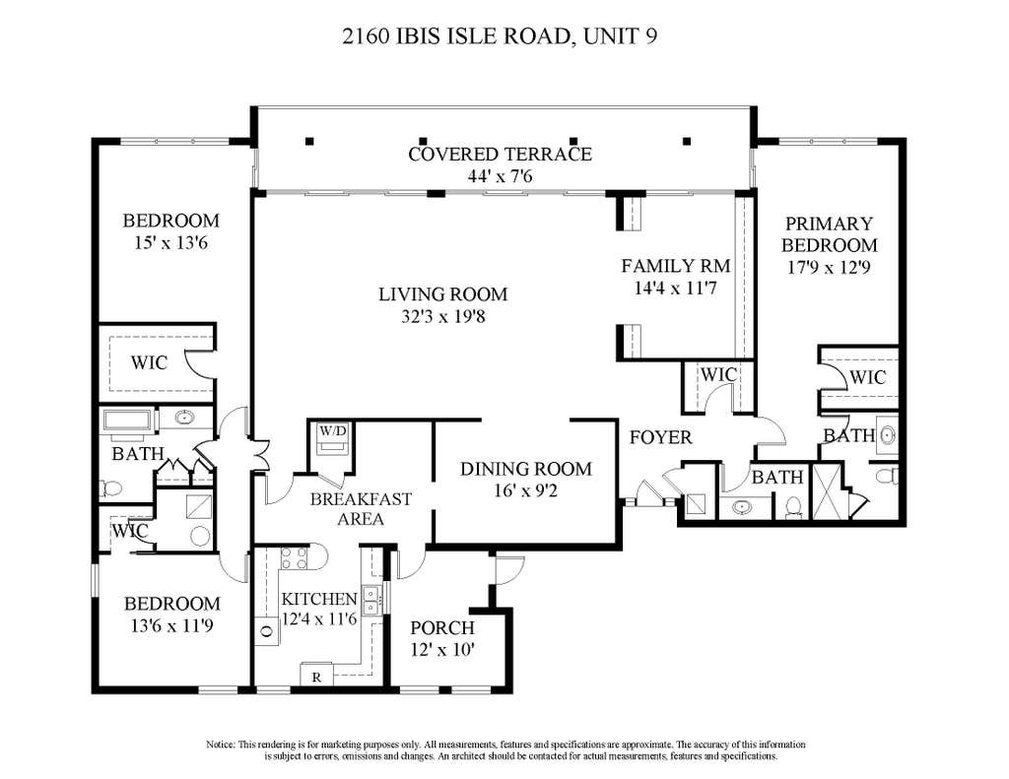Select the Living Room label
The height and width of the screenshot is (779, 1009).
click(x=442, y=294)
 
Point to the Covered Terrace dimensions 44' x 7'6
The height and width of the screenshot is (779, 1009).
click(x=500, y=175)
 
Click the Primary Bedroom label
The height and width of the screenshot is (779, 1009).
click(x=829, y=234)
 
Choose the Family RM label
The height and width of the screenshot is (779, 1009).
click(x=676, y=266)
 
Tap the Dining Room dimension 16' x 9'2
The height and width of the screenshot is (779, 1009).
click(x=525, y=490)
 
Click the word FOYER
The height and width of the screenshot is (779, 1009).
click(x=661, y=437)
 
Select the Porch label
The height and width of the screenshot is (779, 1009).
click(x=442, y=628)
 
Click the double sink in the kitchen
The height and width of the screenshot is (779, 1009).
click(x=370, y=600)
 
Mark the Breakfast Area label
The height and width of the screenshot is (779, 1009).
click(x=361, y=509)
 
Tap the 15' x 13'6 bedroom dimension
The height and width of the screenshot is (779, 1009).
click(x=170, y=243)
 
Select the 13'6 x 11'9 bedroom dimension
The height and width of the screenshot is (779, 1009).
click(x=171, y=625)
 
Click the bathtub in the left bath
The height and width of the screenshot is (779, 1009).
click(x=126, y=421)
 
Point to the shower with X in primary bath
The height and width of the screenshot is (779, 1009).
click(x=827, y=490)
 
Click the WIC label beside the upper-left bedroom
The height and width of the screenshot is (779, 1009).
click(x=150, y=362)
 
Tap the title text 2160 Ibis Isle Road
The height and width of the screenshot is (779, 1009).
click(x=457, y=36)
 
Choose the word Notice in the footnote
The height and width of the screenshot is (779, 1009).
click(x=221, y=745)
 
